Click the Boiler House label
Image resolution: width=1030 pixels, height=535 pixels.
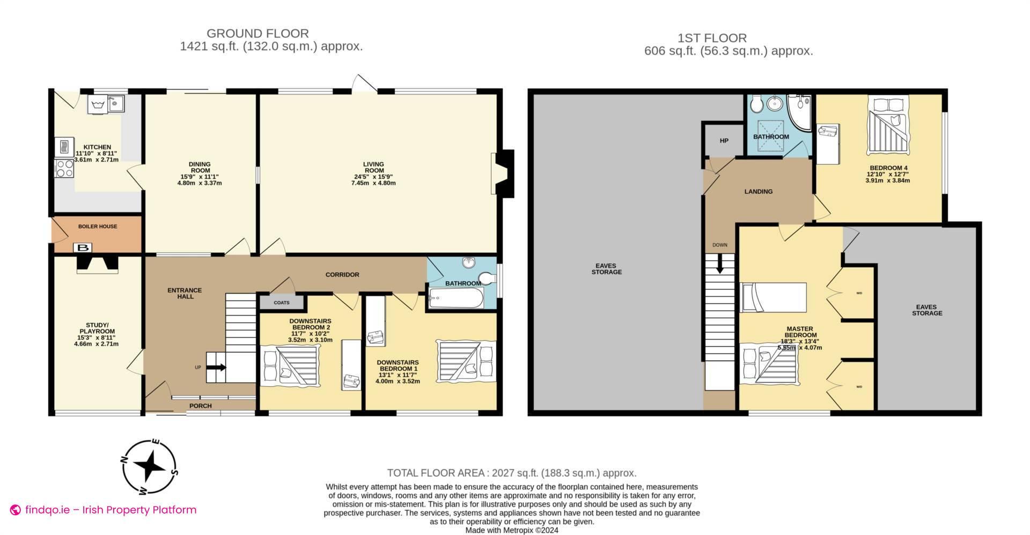[98, 226]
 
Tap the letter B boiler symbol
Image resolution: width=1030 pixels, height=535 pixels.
[83, 248]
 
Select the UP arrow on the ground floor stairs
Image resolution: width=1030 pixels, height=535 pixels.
[217, 368]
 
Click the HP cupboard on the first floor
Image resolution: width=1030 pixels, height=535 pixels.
[724, 141]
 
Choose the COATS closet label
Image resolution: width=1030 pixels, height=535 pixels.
[282, 303]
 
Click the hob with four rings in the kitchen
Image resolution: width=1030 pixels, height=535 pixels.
[64, 168]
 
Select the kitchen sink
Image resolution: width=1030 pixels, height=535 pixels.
[115, 103]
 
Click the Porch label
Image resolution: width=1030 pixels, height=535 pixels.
[201, 406]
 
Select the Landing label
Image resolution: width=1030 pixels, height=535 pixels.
[758, 192]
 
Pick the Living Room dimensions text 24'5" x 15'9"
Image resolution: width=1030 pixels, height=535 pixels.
[373, 177]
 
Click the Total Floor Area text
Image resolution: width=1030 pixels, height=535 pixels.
[512, 473]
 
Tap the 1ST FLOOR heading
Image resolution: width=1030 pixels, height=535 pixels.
[712, 38]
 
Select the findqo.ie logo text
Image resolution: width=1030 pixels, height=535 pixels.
[110, 510]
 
